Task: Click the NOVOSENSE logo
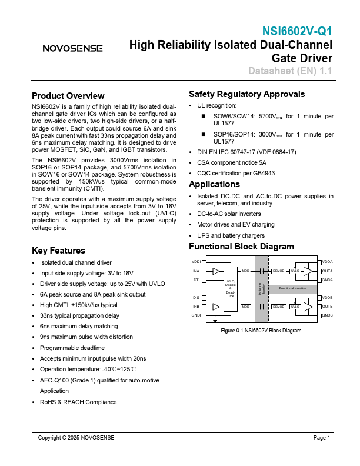pyautogui.click(x=72, y=48)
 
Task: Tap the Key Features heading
pyautogui.click(x=58, y=250)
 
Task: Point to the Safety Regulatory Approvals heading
pyautogui.click(x=246, y=94)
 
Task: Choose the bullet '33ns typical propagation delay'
pyautogui.click(x=79, y=315)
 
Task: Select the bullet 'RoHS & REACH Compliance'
pyautogui.click(x=78, y=402)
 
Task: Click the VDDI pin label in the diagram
pyautogui.click(x=196, y=261)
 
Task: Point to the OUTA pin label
pyautogui.click(x=328, y=271)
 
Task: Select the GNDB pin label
pyautogui.click(x=328, y=315)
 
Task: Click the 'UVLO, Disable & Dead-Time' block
pyautogui.click(x=230, y=288)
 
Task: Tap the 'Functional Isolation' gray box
pyautogui.click(x=292, y=289)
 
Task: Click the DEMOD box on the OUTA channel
pyautogui.click(x=278, y=271)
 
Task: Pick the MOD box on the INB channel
pyautogui.click(x=245, y=307)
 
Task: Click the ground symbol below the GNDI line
pyautogui.click(x=215, y=320)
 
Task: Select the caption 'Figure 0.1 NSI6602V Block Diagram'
pyautogui.click(x=261, y=331)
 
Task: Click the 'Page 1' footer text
pyautogui.click(x=322, y=438)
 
